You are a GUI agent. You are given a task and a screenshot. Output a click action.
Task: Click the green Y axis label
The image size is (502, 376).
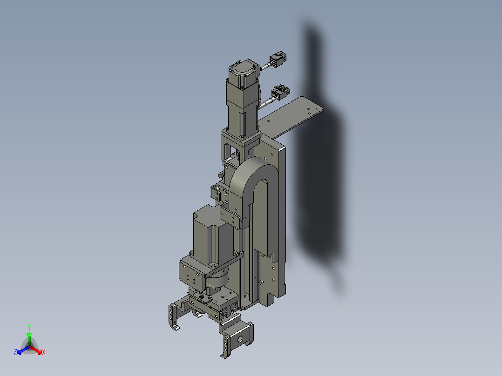[x=29, y=327]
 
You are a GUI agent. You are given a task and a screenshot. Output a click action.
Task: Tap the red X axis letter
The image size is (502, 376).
[x=44, y=353]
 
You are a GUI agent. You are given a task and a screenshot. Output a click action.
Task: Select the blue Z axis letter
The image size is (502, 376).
[x=15, y=353]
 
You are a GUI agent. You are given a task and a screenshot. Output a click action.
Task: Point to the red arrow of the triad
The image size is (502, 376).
[x=37, y=349]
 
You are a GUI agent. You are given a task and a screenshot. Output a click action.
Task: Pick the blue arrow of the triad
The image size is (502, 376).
[x=21, y=349]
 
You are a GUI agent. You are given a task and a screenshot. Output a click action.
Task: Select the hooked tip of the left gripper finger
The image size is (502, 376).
[x=176, y=328]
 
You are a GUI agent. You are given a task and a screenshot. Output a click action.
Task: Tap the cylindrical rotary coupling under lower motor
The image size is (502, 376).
[x=217, y=280]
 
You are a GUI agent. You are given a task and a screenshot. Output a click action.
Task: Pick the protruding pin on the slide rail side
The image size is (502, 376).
[x=262, y=281]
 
